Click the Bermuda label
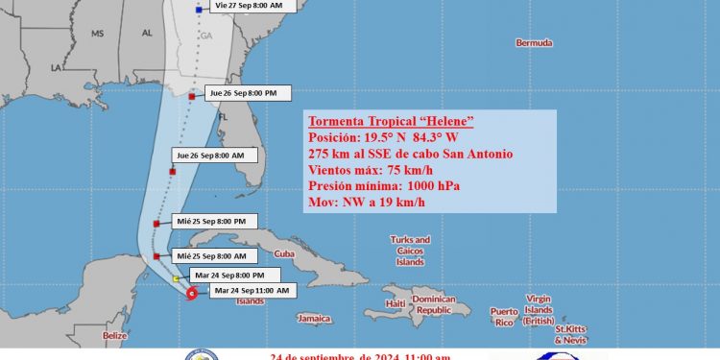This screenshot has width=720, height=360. pyautogui.click(x=534, y=43)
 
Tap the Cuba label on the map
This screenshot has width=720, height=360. pyautogui.click(x=283, y=253)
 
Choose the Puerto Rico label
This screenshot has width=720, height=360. pyautogui.click(x=504, y=316)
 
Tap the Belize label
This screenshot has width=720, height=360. pyautogui.click(x=115, y=335)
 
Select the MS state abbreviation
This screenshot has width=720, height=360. pyautogui.click(x=97, y=33)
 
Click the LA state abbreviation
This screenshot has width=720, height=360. pyautogui.click(x=57, y=68)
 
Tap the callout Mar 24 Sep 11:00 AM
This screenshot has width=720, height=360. pyautogui.click(x=252, y=290)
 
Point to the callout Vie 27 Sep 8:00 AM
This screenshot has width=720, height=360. pyautogui.click(x=248, y=6)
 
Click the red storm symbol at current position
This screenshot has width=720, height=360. pyautogui.click(x=192, y=295)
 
